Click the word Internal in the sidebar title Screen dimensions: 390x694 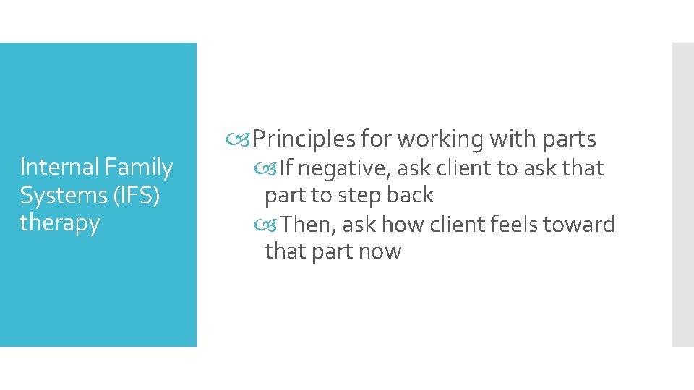point(60,168)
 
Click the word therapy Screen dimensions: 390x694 point(59,223)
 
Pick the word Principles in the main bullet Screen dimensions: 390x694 point(304,138)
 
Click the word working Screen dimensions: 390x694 point(442,138)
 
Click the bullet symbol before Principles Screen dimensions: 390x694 point(244,138)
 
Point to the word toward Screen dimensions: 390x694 point(583,225)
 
